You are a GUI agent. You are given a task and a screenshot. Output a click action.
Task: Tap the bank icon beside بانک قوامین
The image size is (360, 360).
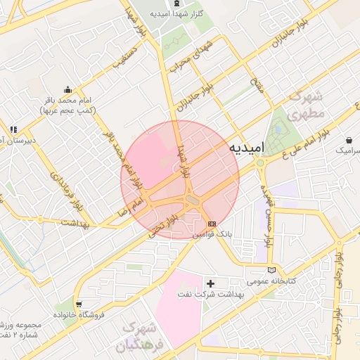pyautogui.click(x=212, y=223)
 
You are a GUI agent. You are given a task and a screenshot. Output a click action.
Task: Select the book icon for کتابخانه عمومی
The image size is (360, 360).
pyautogui.click(x=272, y=270)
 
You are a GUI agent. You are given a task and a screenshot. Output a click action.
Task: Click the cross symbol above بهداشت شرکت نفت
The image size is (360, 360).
pyautogui.click(x=210, y=283)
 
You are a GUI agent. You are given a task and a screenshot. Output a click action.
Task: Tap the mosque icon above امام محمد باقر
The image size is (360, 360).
pyautogui.click(x=67, y=89)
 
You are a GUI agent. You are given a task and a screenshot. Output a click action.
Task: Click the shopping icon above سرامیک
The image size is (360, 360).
pyautogui.click(x=349, y=139)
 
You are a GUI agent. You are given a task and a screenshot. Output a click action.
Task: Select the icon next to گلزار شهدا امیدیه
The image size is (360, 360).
pyautogui.click(x=157, y=13)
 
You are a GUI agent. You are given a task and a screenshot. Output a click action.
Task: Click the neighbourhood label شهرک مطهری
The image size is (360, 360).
pyautogui.click(x=311, y=103)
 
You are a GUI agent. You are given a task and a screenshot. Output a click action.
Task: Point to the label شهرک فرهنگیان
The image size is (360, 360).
pyautogui.click(x=139, y=337)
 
